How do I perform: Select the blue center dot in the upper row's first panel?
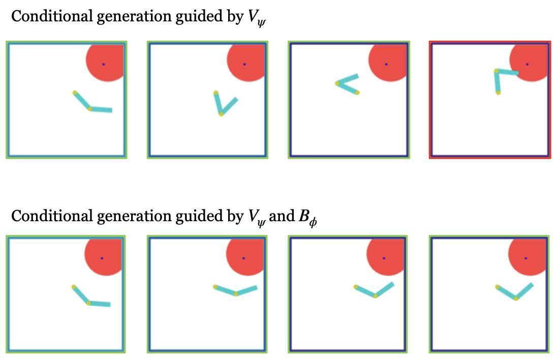(103, 64)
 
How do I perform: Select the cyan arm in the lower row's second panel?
(235, 291)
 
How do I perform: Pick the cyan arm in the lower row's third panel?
(375, 291)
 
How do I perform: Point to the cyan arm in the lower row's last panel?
(515, 293)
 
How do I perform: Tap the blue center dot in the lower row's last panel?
(525, 258)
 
